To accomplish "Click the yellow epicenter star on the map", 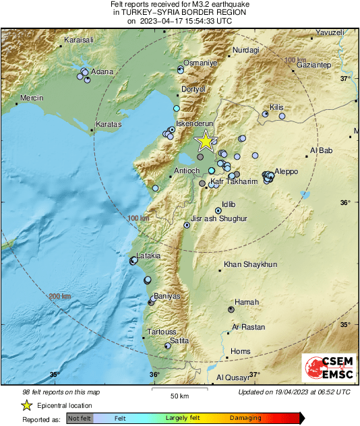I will [x=206, y=141].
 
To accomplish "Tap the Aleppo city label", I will [x=285, y=171].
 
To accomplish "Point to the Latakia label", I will [x=148, y=255].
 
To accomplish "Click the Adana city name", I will [x=102, y=71].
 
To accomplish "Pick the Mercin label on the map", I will [x=32, y=98].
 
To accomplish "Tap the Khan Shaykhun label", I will [x=250, y=265].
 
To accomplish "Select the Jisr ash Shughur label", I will [x=219, y=219].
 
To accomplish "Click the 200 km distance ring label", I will [x=60, y=297].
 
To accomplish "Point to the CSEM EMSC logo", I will [x=326, y=368].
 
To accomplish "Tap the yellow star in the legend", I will [x=27, y=405].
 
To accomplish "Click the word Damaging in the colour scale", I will [x=245, y=419].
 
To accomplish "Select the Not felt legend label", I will [x=79, y=419].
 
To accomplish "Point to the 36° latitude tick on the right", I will [x=345, y=202].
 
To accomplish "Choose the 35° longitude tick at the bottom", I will [x=54, y=375].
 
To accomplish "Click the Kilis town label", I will [x=277, y=107].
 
